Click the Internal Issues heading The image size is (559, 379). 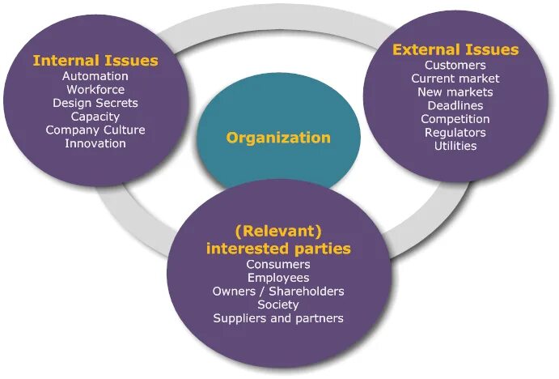tap(95, 61)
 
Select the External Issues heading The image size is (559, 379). tap(455, 50)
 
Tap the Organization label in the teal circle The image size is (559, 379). tap(278, 138)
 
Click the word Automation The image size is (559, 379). tap(95, 77)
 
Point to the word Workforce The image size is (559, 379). tap(95, 90)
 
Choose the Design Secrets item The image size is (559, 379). tap(95, 104)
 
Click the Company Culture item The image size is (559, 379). tap(95, 130)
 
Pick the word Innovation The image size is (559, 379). tap(95, 143)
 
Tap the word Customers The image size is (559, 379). tap(455, 66)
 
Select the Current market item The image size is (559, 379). tap(455, 79)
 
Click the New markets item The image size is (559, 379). tap(455, 92)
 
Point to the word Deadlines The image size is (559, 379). tap(455, 106)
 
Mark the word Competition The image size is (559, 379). tap(455, 119)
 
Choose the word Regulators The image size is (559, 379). tap(455, 133)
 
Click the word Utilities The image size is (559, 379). tap(455, 146)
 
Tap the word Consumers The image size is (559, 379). tap(278, 265)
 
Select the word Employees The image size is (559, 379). tap(278, 278)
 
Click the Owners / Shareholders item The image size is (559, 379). tap(278, 292)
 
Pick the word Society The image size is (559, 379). tap(278, 304)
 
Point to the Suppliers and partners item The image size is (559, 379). tap(278, 318)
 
